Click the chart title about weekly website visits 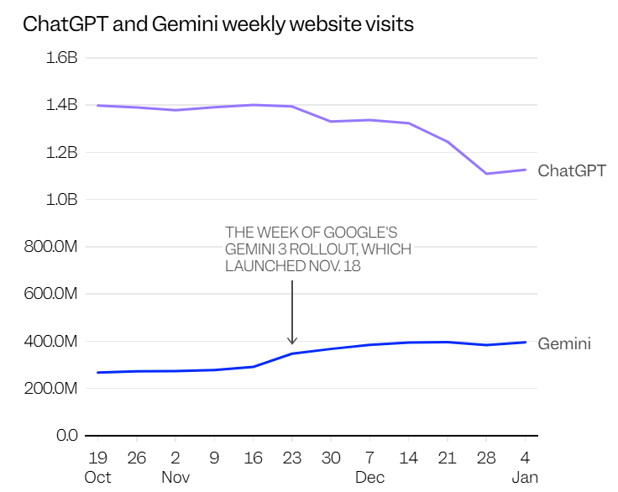[x=218, y=24]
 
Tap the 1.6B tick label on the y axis [x=60, y=58]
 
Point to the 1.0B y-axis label [x=60, y=200]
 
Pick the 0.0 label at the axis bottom [x=66, y=436]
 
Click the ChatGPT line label [x=572, y=171]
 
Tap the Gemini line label [x=564, y=343]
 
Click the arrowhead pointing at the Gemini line [x=292, y=340]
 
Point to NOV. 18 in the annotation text [x=327, y=266]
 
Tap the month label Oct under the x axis [x=97, y=477]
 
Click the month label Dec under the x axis [x=369, y=477]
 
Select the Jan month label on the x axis [x=526, y=477]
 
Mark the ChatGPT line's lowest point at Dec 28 [x=486, y=174]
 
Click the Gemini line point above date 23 [x=292, y=353]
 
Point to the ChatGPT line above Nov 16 [x=254, y=105]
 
